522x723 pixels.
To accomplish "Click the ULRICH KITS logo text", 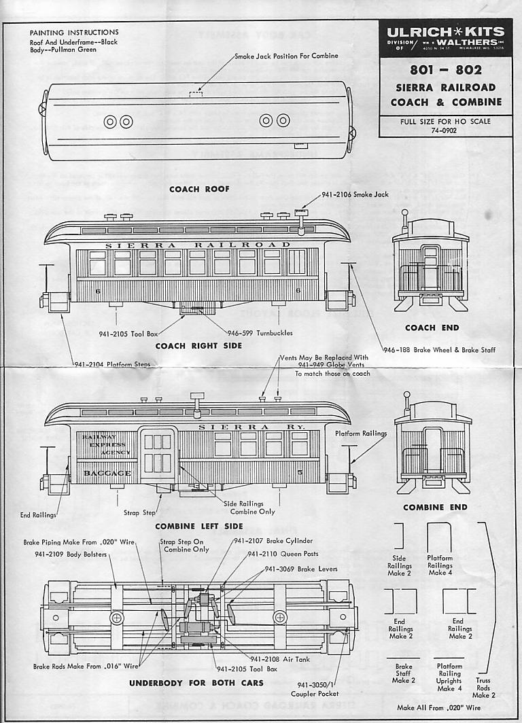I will pyautogui.click(x=446, y=32).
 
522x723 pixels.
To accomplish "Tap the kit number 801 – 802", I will pyautogui.click(x=445, y=70).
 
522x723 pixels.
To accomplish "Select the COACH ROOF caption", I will pyautogui.click(x=199, y=189).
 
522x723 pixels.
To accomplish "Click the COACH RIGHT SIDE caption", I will pyautogui.click(x=198, y=346).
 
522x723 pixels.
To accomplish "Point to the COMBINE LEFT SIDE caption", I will pyautogui.click(x=198, y=526).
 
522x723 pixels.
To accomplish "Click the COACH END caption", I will pyautogui.click(x=432, y=328).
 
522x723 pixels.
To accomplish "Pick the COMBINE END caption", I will pyautogui.click(x=434, y=507).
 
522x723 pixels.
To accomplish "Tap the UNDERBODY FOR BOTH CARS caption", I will pyautogui.click(x=192, y=682).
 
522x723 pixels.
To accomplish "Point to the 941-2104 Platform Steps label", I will pyautogui.click(x=111, y=364).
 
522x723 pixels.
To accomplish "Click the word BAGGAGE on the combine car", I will pyautogui.click(x=107, y=472).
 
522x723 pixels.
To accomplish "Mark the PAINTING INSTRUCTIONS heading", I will pyautogui.click(x=74, y=32).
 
